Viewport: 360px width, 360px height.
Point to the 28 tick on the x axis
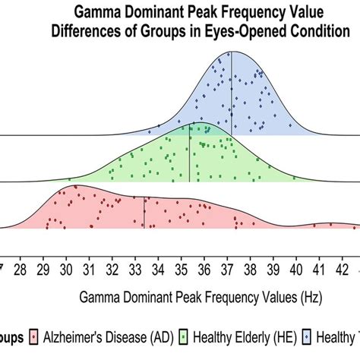click(x=21, y=268)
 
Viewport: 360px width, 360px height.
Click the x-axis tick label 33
click(x=135, y=268)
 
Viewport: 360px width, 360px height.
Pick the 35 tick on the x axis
click(x=182, y=268)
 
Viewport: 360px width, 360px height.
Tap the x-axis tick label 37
click(x=228, y=268)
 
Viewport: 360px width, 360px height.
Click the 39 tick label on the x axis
click(x=273, y=268)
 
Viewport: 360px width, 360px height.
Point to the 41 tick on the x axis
click(x=320, y=268)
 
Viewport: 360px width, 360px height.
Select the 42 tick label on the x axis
click(x=343, y=268)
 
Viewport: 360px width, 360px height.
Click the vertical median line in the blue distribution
click(x=232, y=95)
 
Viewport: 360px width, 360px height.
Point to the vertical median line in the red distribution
click(x=144, y=213)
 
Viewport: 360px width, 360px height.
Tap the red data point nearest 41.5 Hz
click(x=331, y=224)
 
